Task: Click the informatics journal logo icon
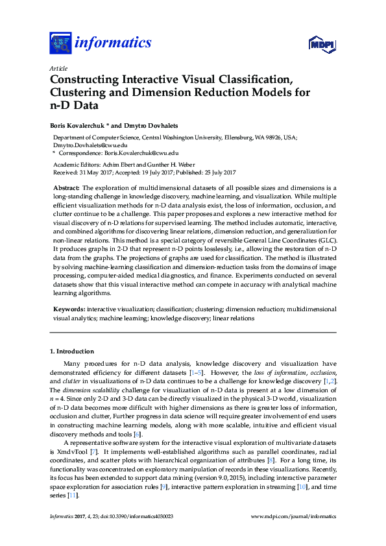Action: pos(60,43)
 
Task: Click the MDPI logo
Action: pos(320,44)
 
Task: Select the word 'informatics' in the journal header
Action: pos(113,43)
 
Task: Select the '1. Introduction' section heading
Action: pos(72,351)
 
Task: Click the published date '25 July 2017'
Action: pos(217,172)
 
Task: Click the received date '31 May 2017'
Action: pos(95,172)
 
